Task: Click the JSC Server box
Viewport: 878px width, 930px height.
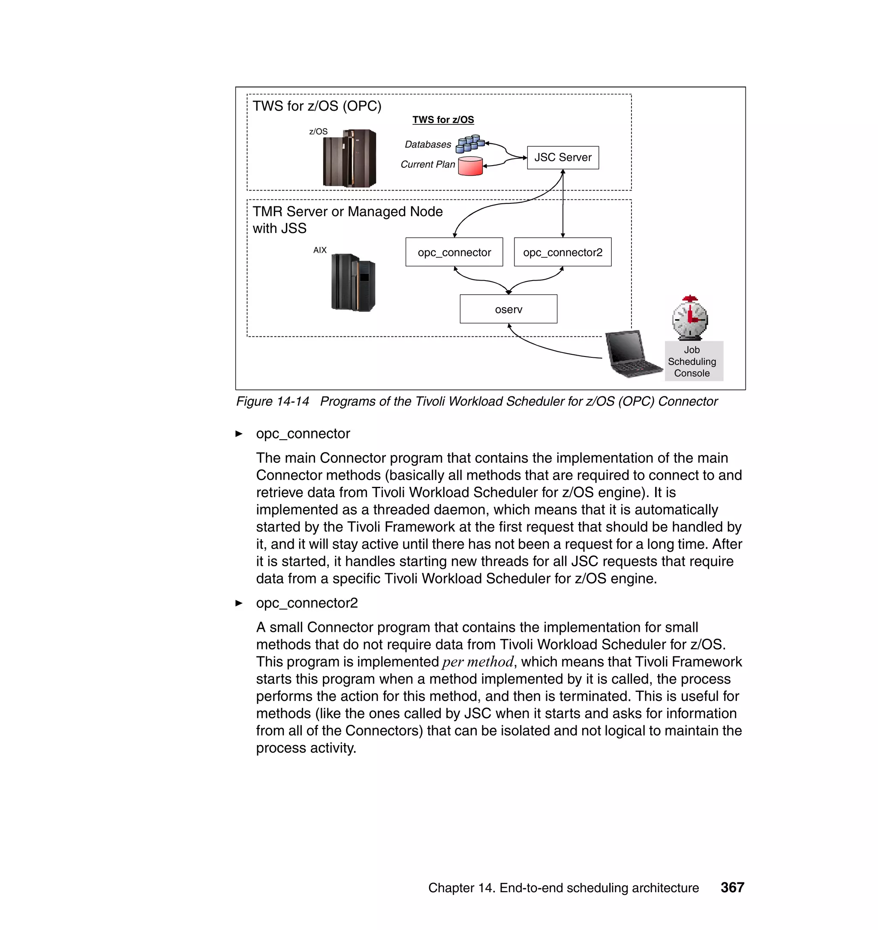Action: point(562,158)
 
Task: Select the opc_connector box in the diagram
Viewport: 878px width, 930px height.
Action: point(454,252)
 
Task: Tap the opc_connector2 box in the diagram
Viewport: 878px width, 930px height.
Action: point(562,252)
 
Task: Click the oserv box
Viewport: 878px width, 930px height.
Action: point(508,309)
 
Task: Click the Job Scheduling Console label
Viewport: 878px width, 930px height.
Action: point(692,362)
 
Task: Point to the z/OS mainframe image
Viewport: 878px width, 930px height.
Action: point(349,159)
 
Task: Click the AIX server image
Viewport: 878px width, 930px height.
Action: point(353,282)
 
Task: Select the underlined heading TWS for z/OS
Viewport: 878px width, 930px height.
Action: point(443,120)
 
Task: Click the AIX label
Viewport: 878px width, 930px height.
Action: point(320,250)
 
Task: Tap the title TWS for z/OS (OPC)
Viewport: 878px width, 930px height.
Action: point(317,106)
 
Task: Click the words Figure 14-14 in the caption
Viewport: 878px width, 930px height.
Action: point(272,402)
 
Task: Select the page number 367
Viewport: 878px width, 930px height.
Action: point(732,888)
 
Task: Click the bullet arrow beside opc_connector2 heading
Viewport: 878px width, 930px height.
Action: point(239,603)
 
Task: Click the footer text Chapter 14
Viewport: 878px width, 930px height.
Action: point(461,888)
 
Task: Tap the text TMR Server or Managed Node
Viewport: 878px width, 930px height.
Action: point(347,211)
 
